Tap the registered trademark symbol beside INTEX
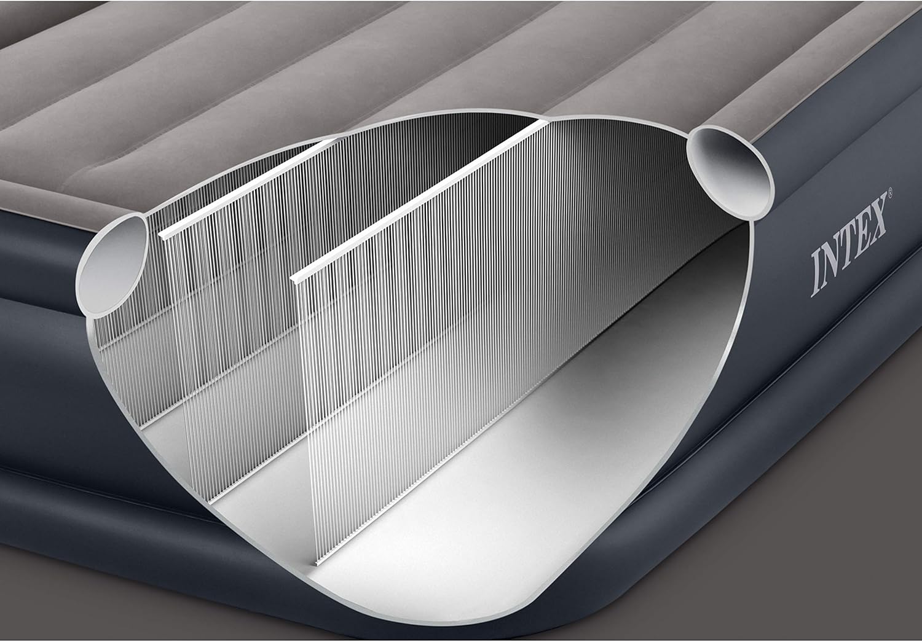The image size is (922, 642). pyautogui.click(x=890, y=192)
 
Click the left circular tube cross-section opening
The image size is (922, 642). pyautogui.click(x=112, y=265)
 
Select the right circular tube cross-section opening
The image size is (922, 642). pyautogui.click(x=731, y=172)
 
